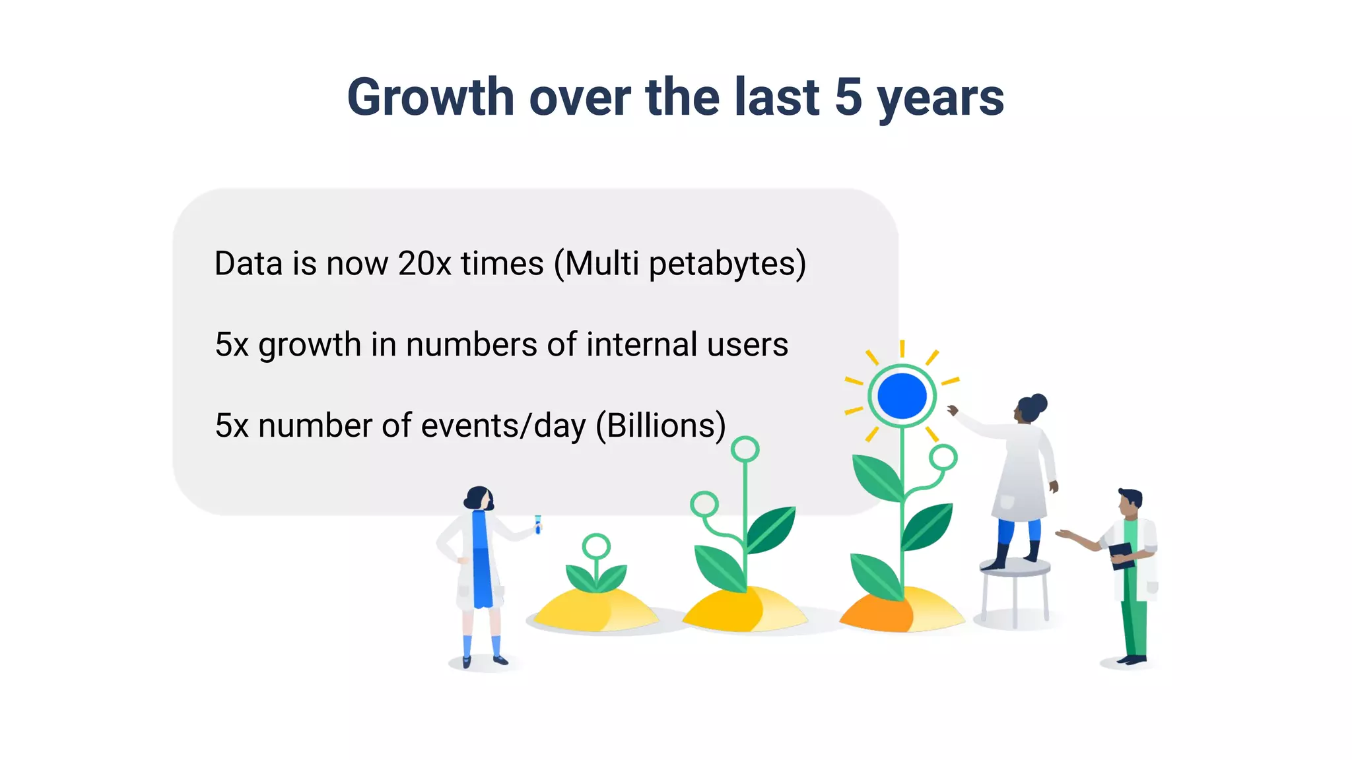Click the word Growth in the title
[x=430, y=98]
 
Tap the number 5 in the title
[x=848, y=98]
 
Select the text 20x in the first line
[x=424, y=263]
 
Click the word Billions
[x=661, y=426]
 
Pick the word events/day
[x=503, y=426]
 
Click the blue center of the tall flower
[x=902, y=396]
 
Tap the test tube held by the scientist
[x=538, y=524]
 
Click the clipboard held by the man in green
[x=1121, y=555]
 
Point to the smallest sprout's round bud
[x=596, y=546]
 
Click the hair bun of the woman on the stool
[x=1039, y=402]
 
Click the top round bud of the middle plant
[x=745, y=450]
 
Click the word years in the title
[x=940, y=98]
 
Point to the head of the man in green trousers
[x=1130, y=503]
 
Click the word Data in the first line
[x=249, y=263]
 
